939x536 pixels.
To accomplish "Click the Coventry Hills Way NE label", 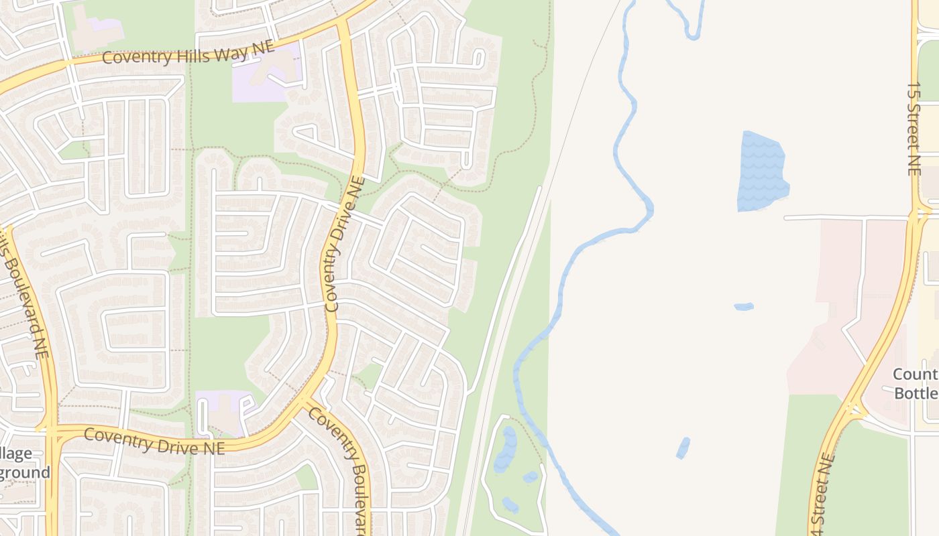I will point(188,53).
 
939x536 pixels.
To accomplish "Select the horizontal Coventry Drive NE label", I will point(155,441).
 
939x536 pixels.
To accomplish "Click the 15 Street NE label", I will point(914,129).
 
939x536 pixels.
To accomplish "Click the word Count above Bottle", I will point(915,374).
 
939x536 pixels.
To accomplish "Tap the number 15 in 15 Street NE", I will point(914,91).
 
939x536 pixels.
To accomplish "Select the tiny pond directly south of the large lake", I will point(744,307).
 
